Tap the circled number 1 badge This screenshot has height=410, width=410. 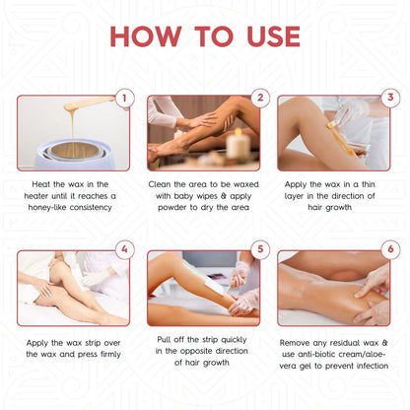[x=123, y=99]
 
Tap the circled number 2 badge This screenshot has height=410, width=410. [x=260, y=99]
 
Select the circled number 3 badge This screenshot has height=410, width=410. [x=389, y=99]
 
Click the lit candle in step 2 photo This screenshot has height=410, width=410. [x=237, y=146]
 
